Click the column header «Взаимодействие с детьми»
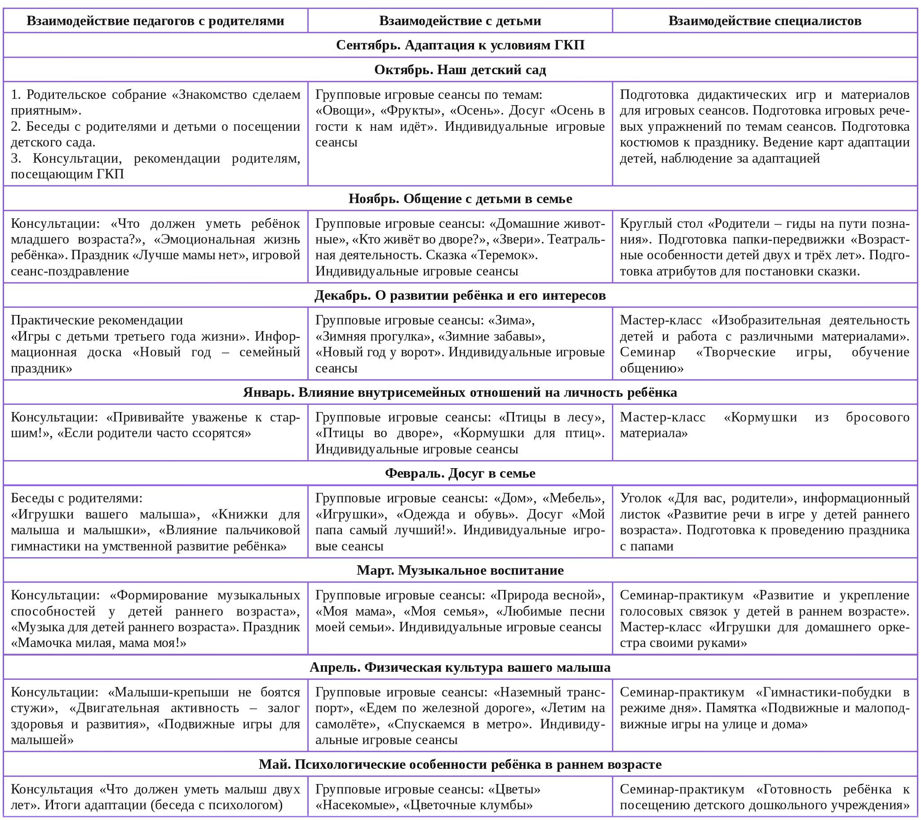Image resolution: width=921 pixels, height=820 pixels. click(x=460, y=21)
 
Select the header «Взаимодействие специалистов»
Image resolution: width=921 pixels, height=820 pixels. click(x=764, y=21)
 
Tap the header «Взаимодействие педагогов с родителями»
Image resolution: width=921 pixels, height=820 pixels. click(x=155, y=21)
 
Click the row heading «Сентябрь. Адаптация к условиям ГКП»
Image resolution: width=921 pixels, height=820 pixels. click(x=460, y=45)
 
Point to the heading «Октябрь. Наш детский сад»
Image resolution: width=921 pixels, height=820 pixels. click(x=460, y=70)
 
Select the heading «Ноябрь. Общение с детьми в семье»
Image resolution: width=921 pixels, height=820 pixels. click(x=460, y=199)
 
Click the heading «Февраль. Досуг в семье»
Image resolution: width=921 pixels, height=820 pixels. click(x=460, y=473)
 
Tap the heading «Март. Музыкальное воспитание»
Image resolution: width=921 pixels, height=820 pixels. click(x=460, y=570)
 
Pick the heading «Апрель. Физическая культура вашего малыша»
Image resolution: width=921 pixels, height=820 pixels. click(x=460, y=667)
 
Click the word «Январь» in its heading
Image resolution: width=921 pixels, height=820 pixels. click(x=269, y=392)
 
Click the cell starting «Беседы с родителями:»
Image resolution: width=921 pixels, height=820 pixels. click(x=155, y=522)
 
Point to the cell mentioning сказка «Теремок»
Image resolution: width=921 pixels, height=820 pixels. click(x=460, y=247)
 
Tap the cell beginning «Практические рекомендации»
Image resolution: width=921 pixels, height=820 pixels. click(x=155, y=344)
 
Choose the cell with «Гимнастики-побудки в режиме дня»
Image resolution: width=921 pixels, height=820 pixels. click(x=764, y=708)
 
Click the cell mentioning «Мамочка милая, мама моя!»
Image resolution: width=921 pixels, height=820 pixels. click(x=155, y=619)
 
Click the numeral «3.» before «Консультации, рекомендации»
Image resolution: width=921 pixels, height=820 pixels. click(x=16, y=158)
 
